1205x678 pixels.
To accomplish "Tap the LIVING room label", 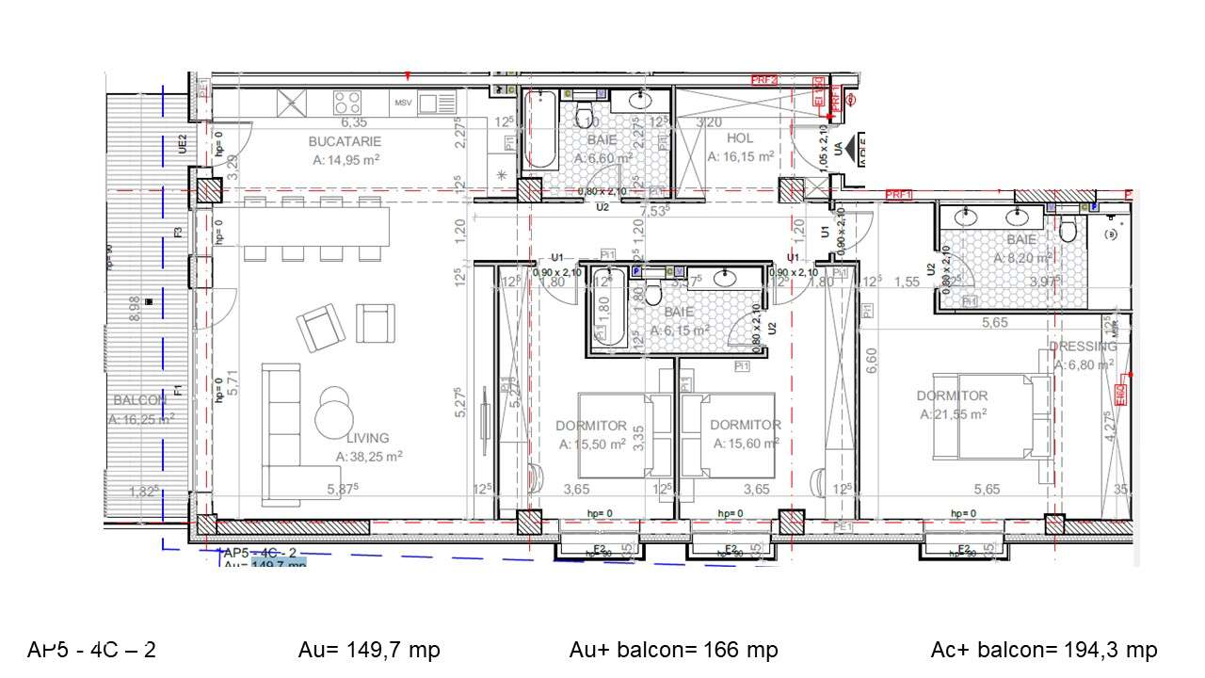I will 367,438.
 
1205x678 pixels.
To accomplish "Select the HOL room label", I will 741,139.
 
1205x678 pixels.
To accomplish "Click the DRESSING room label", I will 1083,347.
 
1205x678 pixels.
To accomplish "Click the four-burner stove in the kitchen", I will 347,101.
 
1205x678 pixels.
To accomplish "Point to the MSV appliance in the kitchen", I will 404,102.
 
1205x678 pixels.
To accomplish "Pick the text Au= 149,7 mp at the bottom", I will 369,650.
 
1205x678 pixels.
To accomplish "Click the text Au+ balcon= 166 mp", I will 673,650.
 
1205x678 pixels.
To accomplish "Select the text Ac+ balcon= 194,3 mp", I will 1043,650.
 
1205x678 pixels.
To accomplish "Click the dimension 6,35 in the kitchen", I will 353,122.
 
